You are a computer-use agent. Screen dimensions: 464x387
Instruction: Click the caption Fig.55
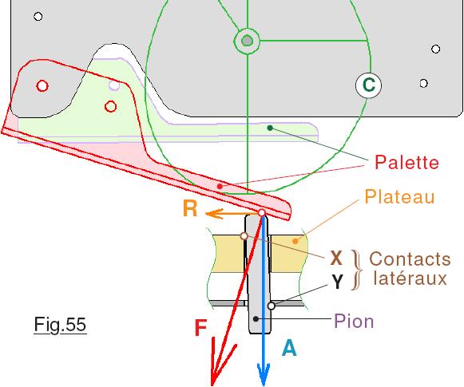tap(60, 325)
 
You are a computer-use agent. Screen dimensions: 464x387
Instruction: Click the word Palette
tap(406, 162)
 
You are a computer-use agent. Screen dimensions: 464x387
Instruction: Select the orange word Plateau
tap(399, 196)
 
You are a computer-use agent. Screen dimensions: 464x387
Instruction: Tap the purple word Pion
tap(354, 321)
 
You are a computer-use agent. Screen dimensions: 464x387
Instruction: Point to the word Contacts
tap(410, 259)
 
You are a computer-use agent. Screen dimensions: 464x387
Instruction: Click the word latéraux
tap(410, 278)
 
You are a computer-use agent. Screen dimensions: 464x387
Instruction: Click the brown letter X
tap(336, 259)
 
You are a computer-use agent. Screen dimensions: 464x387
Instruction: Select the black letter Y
tap(337, 282)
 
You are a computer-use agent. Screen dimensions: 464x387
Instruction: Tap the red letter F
tap(200, 328)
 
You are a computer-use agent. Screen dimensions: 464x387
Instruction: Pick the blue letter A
tap(289, 348)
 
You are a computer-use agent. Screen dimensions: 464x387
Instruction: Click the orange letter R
tap(190, 208)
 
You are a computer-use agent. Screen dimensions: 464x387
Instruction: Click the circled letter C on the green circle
tap(368, 85)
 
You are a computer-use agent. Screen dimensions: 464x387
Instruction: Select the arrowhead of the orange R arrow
tap(214, 214)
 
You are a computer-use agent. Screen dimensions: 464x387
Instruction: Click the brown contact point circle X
tap(244, 236)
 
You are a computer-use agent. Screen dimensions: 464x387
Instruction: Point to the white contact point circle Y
tap(271, 306)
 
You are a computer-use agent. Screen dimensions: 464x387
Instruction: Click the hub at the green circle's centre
tap(247, 41)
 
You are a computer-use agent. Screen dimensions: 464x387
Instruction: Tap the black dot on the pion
tap(256, 318)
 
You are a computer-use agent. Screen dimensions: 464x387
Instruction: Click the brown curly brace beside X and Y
tap(357, 270)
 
